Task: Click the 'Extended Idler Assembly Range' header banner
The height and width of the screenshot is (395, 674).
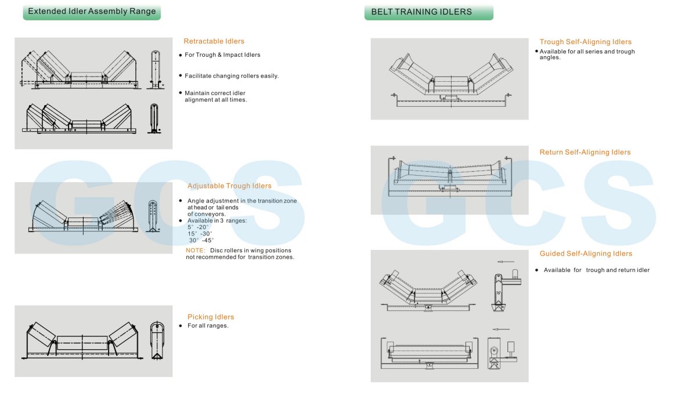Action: pos(92,12)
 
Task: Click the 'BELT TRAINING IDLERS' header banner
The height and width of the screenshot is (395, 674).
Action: pos(428,12)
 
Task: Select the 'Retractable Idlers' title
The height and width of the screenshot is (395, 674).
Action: pos(214,41)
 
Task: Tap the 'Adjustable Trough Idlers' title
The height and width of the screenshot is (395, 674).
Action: pos(229,186)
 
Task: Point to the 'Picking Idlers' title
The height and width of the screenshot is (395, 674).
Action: pos(211,317)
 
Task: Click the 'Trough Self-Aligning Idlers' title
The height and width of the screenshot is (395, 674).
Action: pos(585,42)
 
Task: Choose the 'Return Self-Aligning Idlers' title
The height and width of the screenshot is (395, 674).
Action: pos(585,153)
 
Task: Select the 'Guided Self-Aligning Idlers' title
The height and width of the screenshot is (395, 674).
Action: pos(586,254)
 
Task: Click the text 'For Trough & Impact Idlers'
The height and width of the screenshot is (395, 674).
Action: pos(222,55)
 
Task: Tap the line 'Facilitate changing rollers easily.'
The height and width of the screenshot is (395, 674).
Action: pos(232,76)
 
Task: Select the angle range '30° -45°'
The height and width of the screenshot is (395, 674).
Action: pos(201,240)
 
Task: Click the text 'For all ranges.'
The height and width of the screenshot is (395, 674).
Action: pos(208,326)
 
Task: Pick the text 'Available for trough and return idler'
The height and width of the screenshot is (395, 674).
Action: pos(596,270)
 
